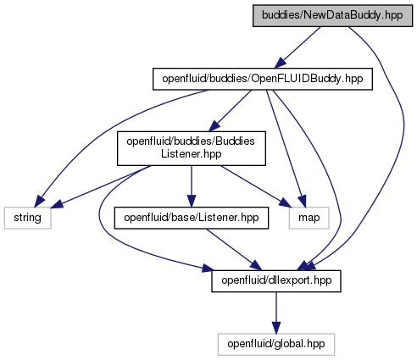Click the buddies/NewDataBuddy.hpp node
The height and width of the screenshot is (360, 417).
[332, 15]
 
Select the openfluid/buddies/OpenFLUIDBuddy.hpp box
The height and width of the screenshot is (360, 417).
[263, 79]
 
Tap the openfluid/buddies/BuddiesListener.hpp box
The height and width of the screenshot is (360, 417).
[192, 148]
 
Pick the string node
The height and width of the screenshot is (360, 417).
[27, 218]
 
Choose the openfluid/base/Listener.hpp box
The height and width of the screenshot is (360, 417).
[192, 218]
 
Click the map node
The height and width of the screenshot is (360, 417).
[309, 218]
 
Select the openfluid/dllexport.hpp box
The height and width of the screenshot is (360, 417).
[276, 281]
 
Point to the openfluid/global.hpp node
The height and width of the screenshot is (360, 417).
[276, 344]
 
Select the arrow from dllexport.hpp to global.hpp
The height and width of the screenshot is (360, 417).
[276, 313]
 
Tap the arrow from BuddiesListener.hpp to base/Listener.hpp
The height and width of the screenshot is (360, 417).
[192, 186]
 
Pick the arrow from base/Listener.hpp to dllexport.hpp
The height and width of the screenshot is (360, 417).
[234, 249]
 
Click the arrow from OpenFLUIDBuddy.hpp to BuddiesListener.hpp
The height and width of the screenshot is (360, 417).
[230, 111]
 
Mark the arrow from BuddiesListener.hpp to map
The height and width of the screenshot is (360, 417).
[256, 186]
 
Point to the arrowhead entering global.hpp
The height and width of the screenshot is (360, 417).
[276, 328]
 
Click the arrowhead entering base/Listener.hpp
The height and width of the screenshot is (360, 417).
[192, 202]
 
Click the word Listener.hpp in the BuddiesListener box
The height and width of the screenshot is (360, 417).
[192, 154]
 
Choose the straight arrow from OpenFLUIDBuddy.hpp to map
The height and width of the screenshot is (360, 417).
[286, 148]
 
